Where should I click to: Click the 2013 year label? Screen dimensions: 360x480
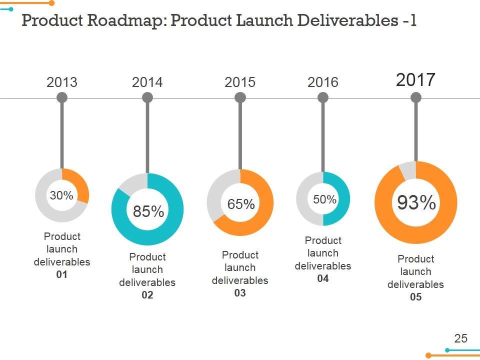[62, 82]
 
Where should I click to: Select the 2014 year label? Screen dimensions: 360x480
[147, 82]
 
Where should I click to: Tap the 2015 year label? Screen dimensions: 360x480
[240, 82]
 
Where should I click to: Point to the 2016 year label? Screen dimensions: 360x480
[323, 82]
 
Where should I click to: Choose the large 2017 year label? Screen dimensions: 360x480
[415, 79]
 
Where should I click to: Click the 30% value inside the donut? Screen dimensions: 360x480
[61, 195]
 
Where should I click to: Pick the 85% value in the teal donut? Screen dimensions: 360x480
[148, 211]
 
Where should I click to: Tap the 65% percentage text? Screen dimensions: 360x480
[241, 204]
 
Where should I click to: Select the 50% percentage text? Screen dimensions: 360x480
[324, 199]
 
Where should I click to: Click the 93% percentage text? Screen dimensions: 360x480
[416, 203]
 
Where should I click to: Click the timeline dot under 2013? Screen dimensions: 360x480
[62, 98]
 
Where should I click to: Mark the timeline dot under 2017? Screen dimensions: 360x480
[415, 98]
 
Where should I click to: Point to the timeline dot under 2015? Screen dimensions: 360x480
[240, 98]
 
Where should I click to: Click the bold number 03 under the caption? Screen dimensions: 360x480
[240, 293]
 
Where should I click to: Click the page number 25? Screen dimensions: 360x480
[460, 338]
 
